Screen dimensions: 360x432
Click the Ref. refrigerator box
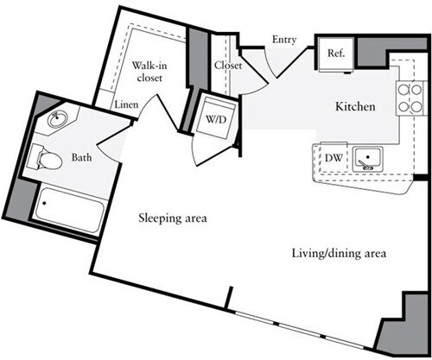(x=334, y=53)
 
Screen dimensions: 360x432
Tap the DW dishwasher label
(x=333, y=158)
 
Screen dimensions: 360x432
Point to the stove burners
(x=404, y=98)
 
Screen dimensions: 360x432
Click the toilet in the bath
(x=43, y=158)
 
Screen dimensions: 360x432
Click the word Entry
(x=284, y=40)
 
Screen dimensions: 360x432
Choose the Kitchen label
(x=355, y=107)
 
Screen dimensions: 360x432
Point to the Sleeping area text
(x=173, y=218)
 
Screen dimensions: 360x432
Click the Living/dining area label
(x=337, y=254)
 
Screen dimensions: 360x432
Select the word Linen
(x=126, y=104)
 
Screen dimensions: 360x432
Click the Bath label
(x=81, y=158)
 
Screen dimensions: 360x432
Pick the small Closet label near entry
(x=227, y=65)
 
